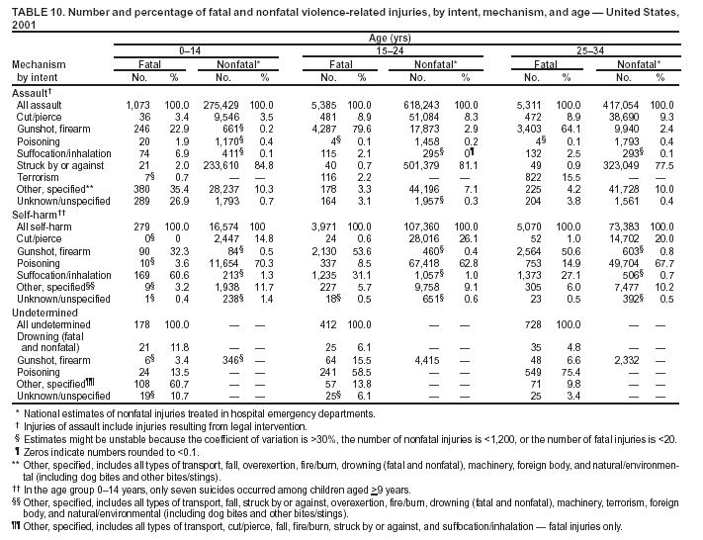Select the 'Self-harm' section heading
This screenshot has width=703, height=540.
click(x=37, y=214)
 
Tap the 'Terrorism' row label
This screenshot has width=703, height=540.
click(x=38, y=177)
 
